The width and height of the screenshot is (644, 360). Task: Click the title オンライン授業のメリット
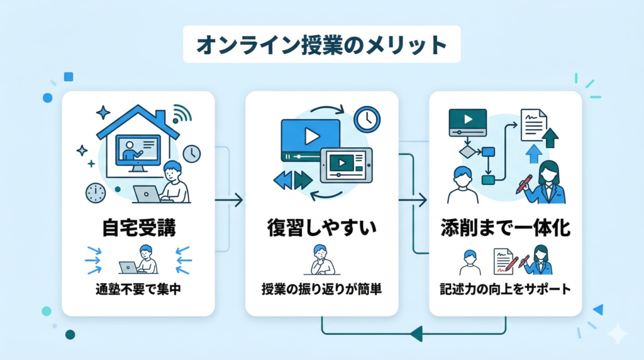(321, 45)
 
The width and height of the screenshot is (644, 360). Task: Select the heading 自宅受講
(138, 227)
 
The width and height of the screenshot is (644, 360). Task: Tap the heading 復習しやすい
(321, 227)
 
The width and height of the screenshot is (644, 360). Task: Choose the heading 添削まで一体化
(506, 227)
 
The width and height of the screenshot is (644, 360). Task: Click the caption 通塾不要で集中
(138, 291)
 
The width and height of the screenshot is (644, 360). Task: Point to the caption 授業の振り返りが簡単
(321, 291)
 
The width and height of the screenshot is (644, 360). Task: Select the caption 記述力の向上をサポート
(506, 291)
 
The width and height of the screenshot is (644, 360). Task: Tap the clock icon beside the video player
(367, 118)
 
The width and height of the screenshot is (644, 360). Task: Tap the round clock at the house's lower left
(96, 193)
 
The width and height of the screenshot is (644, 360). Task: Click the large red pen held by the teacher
(525, 184)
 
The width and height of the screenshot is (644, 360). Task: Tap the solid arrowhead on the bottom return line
(415, 333)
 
